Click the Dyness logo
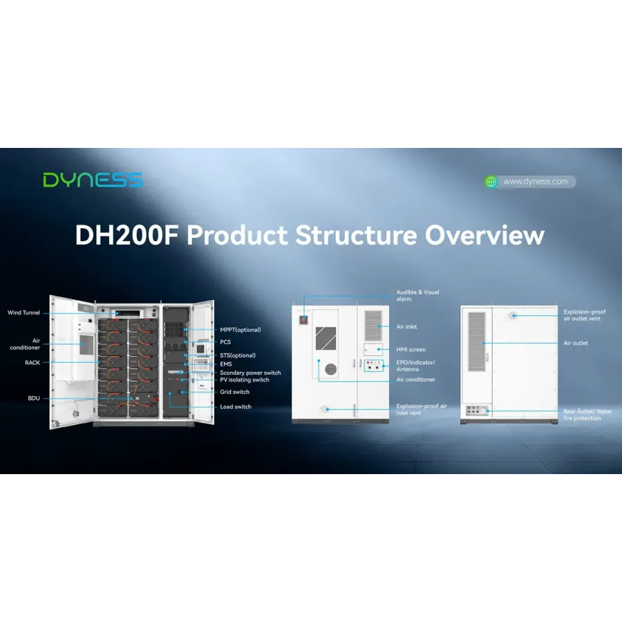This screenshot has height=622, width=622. pos(93,180)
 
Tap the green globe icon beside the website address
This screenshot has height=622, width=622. pos(491,182)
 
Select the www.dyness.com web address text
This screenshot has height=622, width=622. pos(536,182)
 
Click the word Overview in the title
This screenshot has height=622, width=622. pos(484,235)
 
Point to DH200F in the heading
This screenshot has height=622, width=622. pos(126,235)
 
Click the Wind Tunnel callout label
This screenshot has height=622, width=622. pos(23,312)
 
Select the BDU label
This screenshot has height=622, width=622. pos(34,398)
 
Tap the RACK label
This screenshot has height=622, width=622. pos(32,363)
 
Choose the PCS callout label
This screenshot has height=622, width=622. pos(225,342)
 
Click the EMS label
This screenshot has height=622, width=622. pos(226,364)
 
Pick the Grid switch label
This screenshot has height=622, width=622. pos(235,392)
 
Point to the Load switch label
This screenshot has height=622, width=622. pos(236,406)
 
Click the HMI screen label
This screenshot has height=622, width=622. pos(411,350)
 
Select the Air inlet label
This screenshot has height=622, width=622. pos(406,327)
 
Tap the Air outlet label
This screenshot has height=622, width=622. pos(576,343)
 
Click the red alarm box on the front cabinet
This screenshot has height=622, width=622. pos(303,319)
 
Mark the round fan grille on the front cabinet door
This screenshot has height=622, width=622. pos(331,369)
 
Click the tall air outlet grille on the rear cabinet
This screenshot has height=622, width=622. pos(477,341)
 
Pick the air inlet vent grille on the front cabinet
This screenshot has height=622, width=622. pos(373,326)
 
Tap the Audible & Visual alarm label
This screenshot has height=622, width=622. pos(417,296)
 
